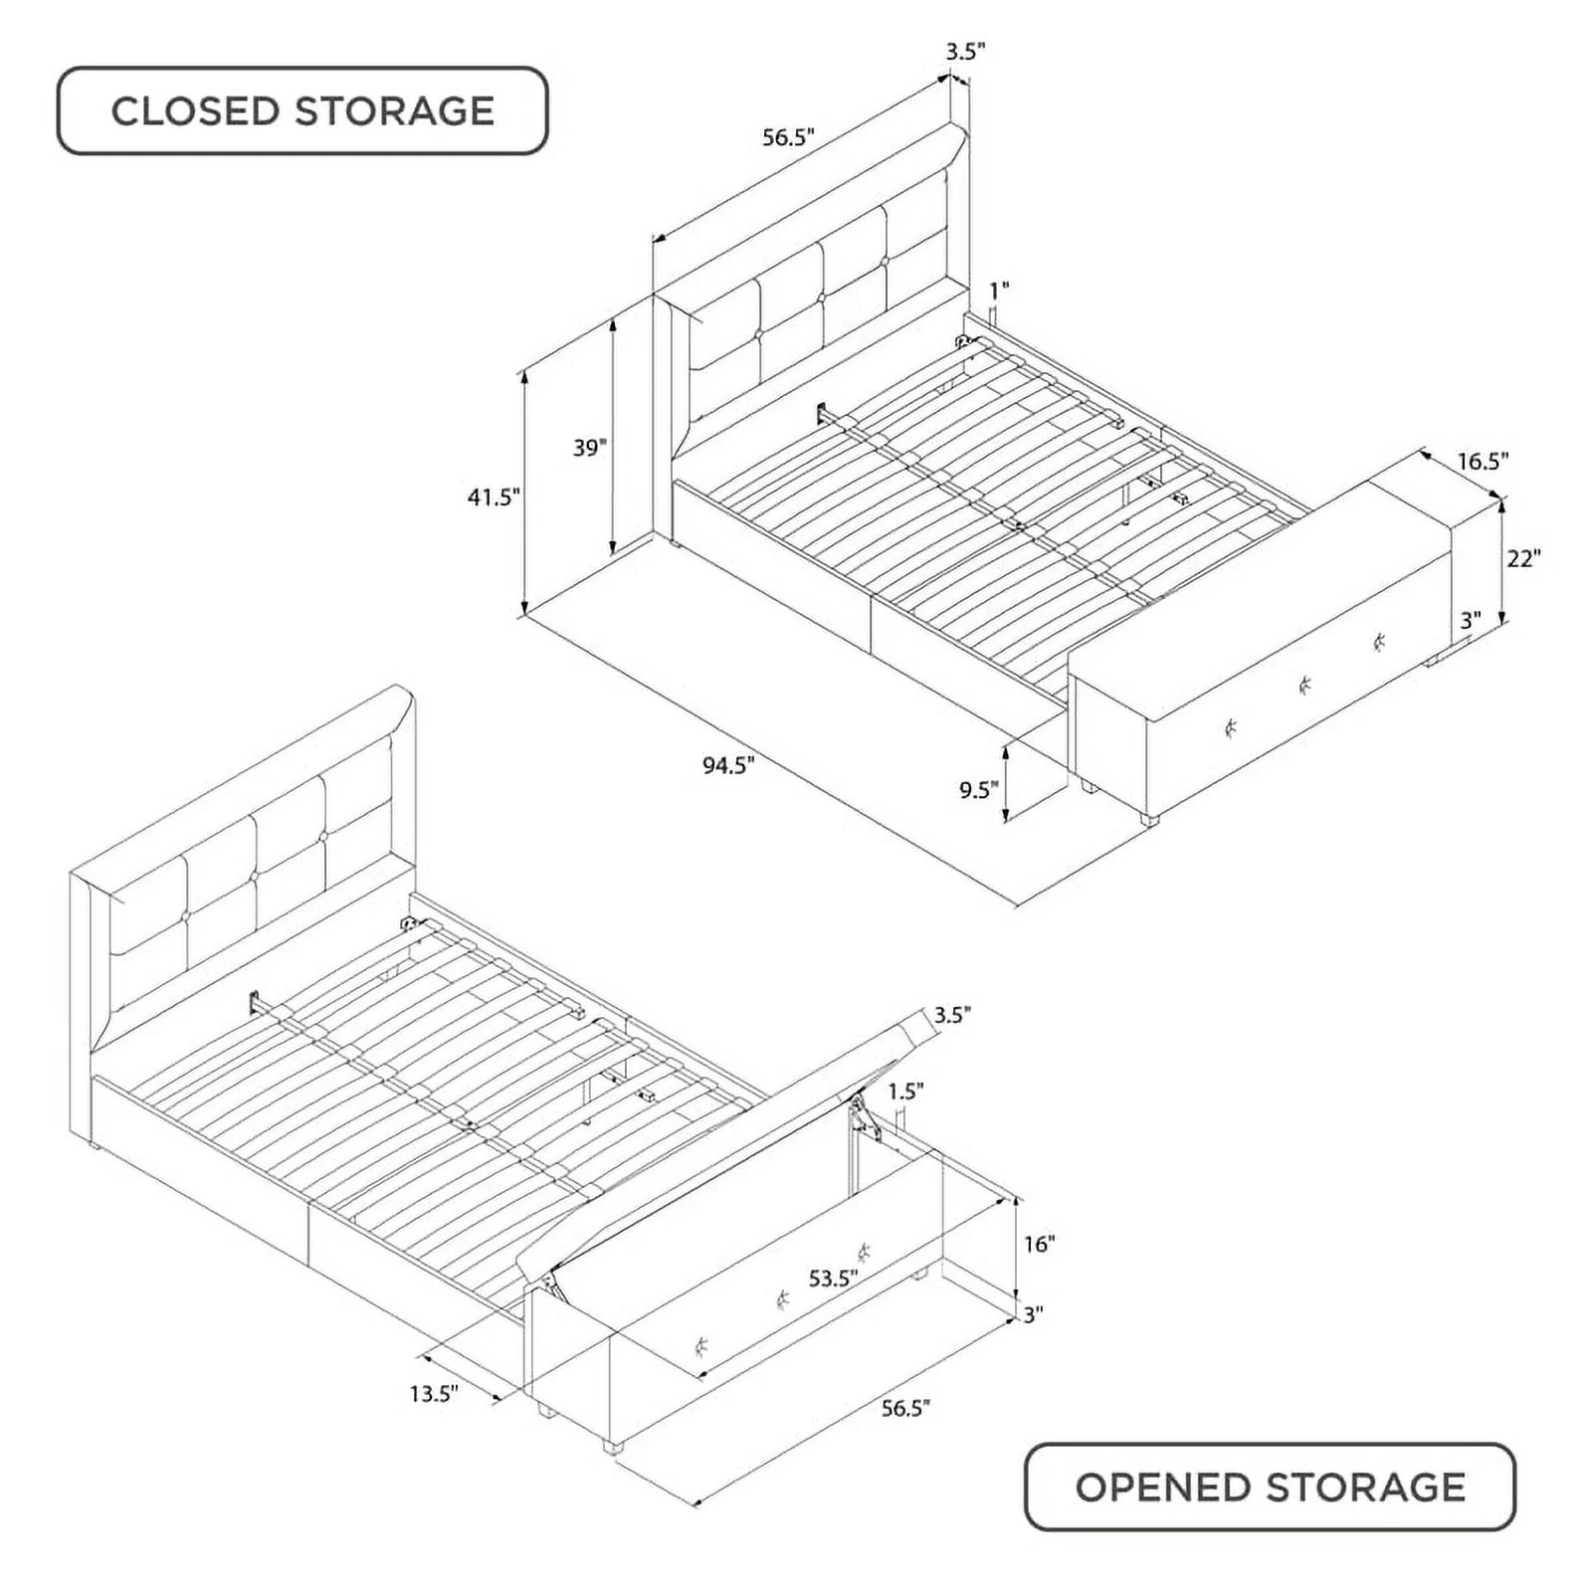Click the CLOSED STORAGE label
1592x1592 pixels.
pyautogui.click(x=302, y=110)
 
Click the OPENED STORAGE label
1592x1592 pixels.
pyautogui.click(x=1270, y=1487)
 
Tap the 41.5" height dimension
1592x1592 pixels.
pyautogui.click(x=495, y=497)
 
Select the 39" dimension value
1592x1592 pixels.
pyautogui.click(x=589, y=448)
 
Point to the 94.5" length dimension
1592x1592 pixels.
pyautogui.click(x=728, y=765)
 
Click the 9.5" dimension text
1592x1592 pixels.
pyautogui.click(x=978, y=790)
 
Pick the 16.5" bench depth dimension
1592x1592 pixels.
pyautogui.click(x=1483, y=461)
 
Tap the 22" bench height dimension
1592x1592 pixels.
pyautogui.click(x=1523, y=558)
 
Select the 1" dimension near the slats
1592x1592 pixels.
pyautogui.click(x=999, y=290)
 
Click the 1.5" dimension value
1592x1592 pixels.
pyautogui.click(x=905, y=1091)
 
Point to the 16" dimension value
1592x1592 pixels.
pyautogui.click(x=1038, y=1244)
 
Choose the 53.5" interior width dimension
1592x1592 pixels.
pyautogui.click(x=833, y=1278)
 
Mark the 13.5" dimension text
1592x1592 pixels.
pyautogui.click(x=434, y=1393)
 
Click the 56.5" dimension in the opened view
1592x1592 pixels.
pyautogui.click(x=904, y=1408)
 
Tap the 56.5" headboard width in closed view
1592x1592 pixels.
pyautogui.click(x=789, y=137)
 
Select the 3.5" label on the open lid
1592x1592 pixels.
pyautogui.click(x=952, y=1015)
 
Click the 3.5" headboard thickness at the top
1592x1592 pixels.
pyautogui.click(x=965, y=52)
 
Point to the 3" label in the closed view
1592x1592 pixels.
pyautogui.click(x=1471, y=620)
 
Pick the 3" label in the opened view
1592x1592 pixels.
pyautogui.click(x=1033, y=1314)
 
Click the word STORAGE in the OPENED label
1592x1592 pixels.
pyautogui.click(x=1366, y=1487)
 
